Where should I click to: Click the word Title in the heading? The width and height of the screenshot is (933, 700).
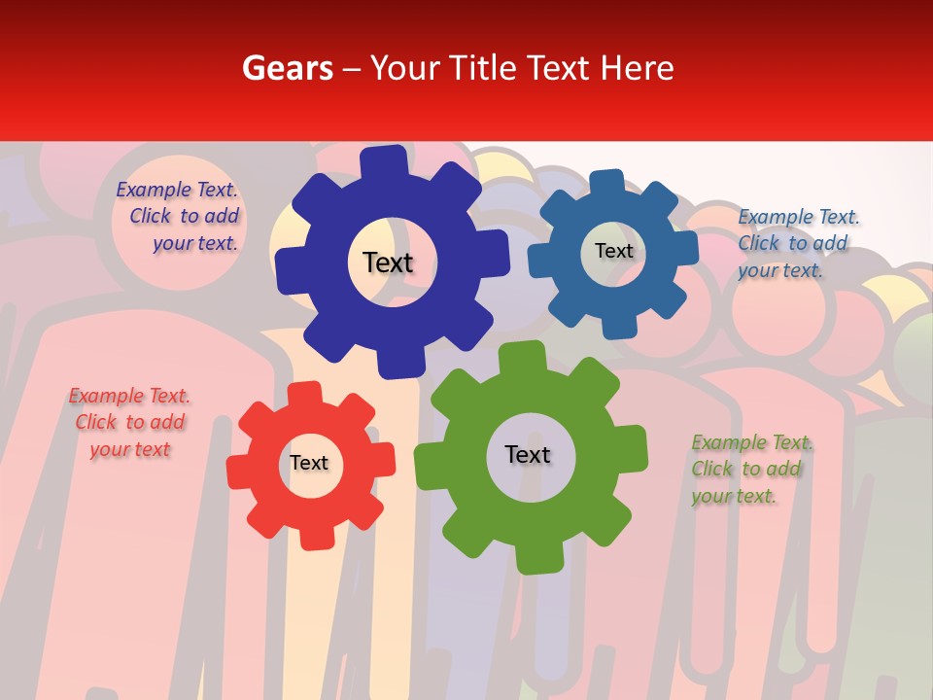coord(483,68)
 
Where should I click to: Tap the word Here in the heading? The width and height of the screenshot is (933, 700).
coord(637,68)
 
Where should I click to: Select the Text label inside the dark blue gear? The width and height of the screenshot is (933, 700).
coord(388,262)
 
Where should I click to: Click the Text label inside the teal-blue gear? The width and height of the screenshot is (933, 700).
coord(613,251)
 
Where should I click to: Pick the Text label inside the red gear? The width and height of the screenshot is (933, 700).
coord(309,463)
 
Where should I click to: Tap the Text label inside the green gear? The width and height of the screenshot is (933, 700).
coord(528,454)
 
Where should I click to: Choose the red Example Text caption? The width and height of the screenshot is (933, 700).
coord(129,422)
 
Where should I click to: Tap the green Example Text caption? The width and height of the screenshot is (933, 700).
coord(750,470)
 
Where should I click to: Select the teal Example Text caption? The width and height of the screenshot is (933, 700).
coord(797,243)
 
